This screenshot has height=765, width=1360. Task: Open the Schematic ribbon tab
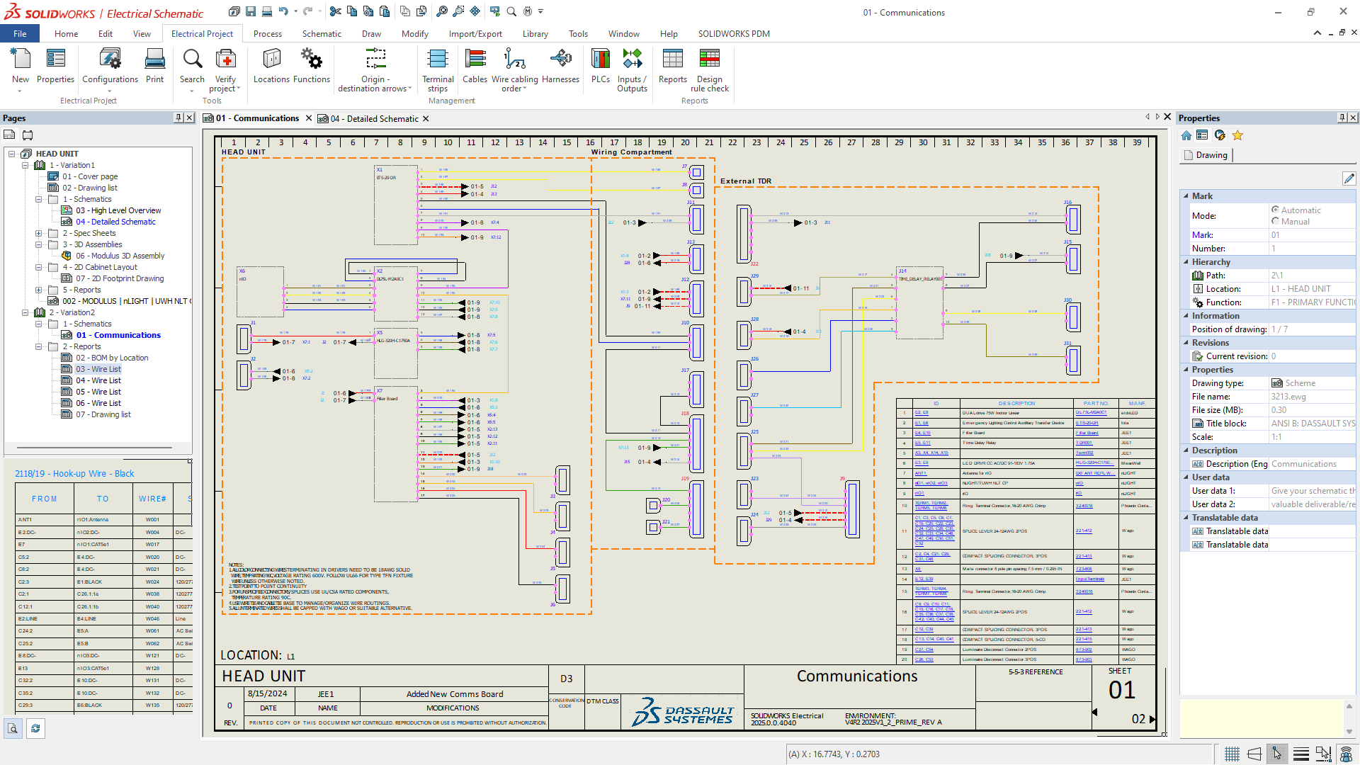point(322,33)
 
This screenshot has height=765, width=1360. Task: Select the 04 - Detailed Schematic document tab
point(374,118)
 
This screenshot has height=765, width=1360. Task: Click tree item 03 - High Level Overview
point(118,210)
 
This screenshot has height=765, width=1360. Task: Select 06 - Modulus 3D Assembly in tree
point(120,256)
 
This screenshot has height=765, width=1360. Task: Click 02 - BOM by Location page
point(112,358)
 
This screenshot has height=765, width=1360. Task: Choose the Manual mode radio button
point(1275,222)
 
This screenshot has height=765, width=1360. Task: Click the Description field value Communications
point(1303,464)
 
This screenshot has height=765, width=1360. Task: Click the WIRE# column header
point(152,499)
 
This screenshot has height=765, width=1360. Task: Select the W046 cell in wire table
point(152,618)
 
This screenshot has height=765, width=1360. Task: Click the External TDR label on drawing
point(745,181)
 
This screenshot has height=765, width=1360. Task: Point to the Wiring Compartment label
point(631,152)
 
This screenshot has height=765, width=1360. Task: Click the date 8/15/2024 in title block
point(267,693)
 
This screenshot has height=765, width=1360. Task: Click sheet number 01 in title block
point(1121,690)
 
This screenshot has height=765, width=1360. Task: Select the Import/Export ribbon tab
point(475,33)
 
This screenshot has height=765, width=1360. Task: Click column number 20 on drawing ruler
point(685,142)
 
